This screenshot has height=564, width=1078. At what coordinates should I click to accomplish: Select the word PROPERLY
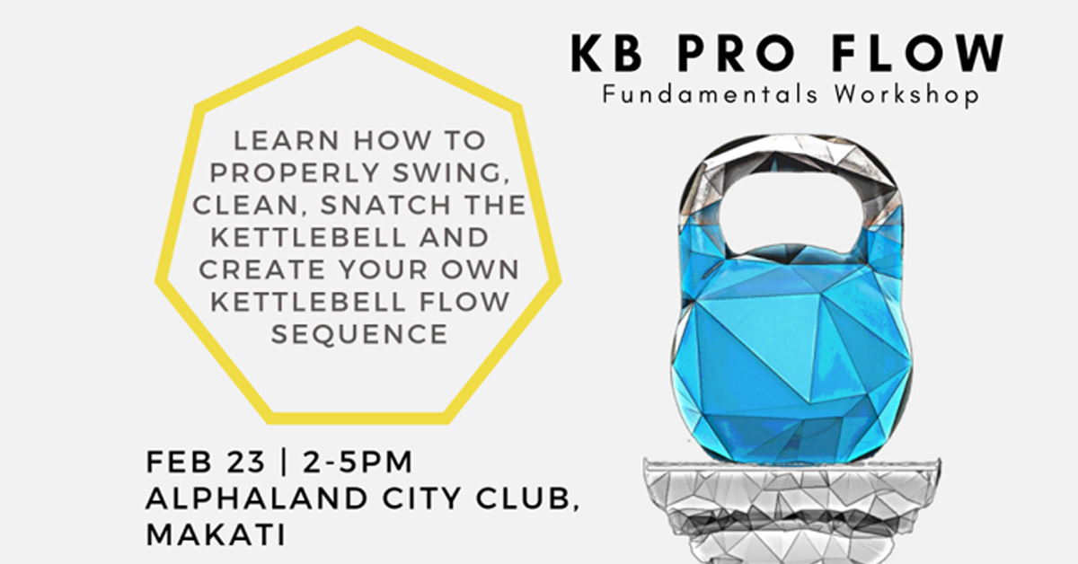click(291, 173)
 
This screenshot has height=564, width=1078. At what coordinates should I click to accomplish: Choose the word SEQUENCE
click(359, 334)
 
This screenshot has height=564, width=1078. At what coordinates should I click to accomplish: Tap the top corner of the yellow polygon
click(358, 32)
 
